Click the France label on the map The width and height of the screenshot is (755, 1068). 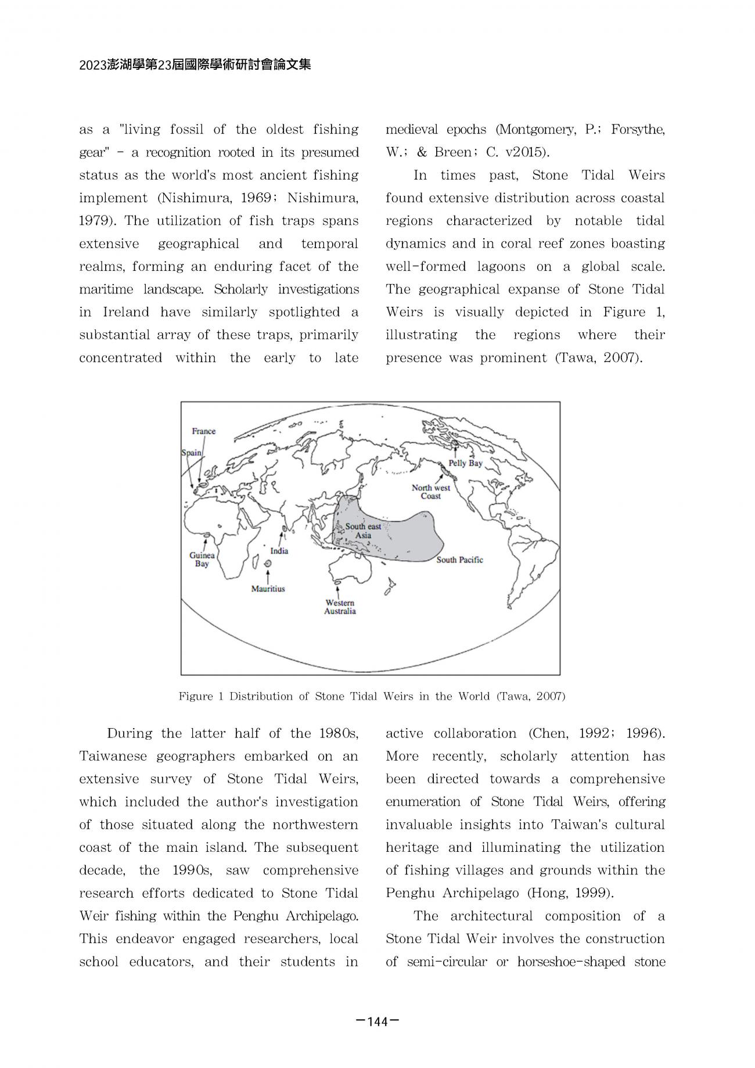pyautogui.click(x=203, y=431)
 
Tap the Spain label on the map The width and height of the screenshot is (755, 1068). pyautogui.click(x=192, y=453)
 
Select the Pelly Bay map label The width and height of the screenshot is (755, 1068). pyautogui.click(x=465, y=463)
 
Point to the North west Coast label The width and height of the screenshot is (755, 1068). pyautogui.click(x=431, y=492)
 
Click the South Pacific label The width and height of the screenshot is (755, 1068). pyautogui.click(x=459, y=560)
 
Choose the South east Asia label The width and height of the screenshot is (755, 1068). pyautogui.click(x=363, y=531)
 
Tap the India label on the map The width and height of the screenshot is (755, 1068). pyautogui.click(x=279, y=551)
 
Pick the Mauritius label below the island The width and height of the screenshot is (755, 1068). pyautogui.click(x=268, y=589)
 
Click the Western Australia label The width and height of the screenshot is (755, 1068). pyautogui.click(x=340, y=607)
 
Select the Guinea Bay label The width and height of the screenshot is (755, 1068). pyautogui.click(x=202, y=560)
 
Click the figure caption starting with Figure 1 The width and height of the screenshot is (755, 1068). pyautogui.click(x=372, y=696)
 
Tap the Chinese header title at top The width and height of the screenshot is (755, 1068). pyautogui.click(x=195, y=65)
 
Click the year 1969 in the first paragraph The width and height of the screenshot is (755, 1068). pyautogui.click(x=260, y=198)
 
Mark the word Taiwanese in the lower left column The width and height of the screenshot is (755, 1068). pyautogui.click(x=113, y=757)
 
